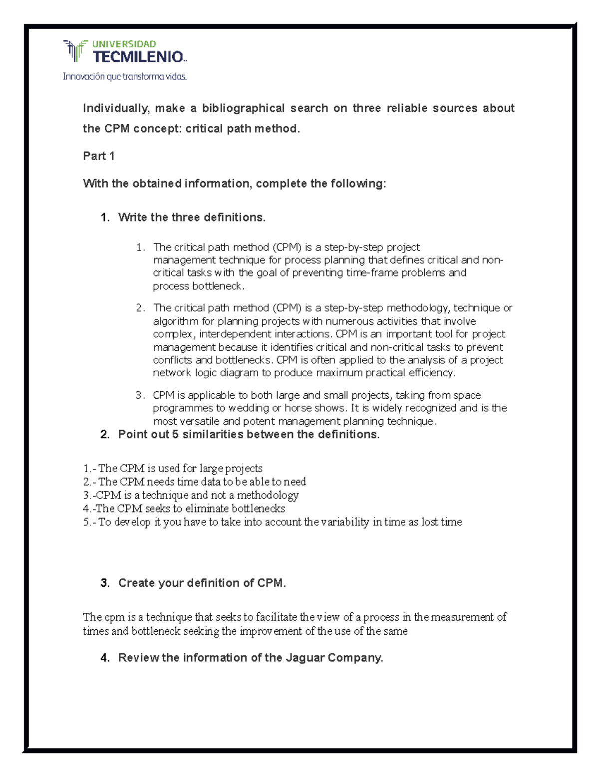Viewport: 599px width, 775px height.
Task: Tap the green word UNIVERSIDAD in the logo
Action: click(x=124, y=44)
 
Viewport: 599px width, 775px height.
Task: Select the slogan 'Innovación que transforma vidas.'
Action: click(x=125, y=77)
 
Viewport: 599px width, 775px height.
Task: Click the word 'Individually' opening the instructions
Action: click(x=115, y=108)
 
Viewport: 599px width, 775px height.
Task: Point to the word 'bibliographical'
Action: click(x=243, y=108)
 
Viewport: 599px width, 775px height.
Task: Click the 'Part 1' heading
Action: click(x=99, y=156)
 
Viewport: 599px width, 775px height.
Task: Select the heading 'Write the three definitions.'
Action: click(x=192, y=218)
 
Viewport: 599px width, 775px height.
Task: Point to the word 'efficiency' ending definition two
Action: click(x=431, y=373)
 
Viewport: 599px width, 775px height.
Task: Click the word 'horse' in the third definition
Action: click(x=298, y=408)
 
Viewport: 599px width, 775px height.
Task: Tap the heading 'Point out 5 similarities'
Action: click(x=249, y=435)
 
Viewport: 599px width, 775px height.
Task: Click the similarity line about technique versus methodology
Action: click(x=191, y=495)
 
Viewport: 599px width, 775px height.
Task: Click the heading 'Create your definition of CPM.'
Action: click(x=202, y=583)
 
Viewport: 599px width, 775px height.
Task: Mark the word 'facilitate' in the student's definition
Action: click(x=277, y=617)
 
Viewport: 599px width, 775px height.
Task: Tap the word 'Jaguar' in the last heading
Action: click(x=304, y=658)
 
